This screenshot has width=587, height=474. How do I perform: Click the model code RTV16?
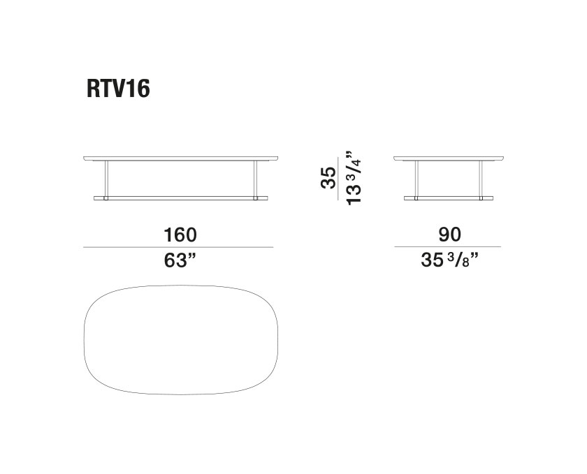[x=118, y=89]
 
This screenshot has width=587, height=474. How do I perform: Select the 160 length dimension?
[x=180, y=235]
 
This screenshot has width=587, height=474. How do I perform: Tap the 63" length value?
[x=180, y=260]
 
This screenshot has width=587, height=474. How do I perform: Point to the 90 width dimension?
[x=449, y=235]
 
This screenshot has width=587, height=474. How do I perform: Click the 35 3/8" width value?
[x=449, y=260]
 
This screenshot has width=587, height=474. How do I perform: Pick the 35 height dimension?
[x=328, y=178]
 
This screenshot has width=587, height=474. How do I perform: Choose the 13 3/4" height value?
[x=354, y=178]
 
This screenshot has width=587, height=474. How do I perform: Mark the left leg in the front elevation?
[x=106, y=179]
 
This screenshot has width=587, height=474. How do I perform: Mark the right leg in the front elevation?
[x=256, y=179]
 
